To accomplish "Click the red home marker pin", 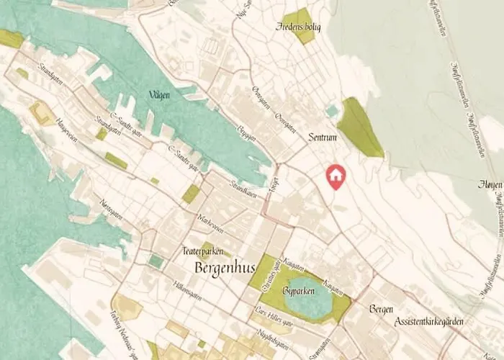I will click(x=335, y=176).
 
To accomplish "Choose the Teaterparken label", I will click(x=203, y=251).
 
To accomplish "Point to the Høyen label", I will click(x=490, y=185).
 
